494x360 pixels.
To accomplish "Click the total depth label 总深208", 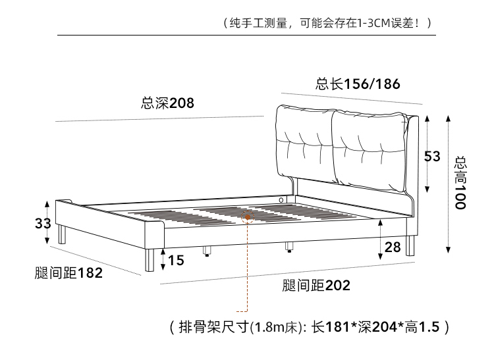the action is tap(167, 103).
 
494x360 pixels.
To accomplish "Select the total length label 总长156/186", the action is tap(357, 84).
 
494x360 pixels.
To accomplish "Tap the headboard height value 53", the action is tap(431, 157).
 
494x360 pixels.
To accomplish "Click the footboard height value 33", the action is tap(42, 223).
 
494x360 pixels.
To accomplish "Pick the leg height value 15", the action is tap(176, 261).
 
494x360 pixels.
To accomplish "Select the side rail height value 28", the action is tap(392, 247).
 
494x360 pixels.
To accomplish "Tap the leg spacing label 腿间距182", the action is tap(69, 273).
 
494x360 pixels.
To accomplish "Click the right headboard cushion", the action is tap(368, 150).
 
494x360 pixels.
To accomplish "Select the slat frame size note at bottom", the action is tap(309, 327).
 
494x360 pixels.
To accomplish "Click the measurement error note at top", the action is tap(328, 23).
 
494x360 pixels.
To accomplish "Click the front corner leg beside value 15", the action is tap(149, 260).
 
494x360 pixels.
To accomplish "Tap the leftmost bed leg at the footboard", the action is tap(62, 235).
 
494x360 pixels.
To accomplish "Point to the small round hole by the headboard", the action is tap(281, 199).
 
